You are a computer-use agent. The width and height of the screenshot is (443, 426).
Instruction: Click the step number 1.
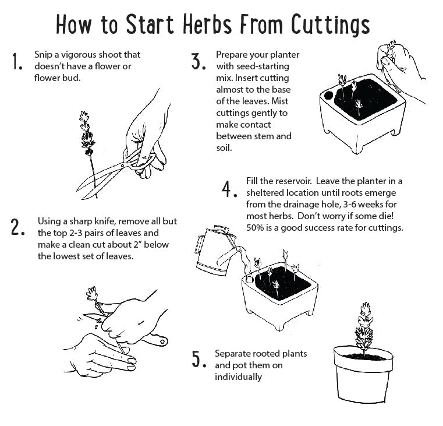tap(17, 62)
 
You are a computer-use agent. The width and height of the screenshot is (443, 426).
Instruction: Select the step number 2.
tap(17, 227)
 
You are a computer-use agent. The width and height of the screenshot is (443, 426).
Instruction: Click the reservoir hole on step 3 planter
tap(328, 94)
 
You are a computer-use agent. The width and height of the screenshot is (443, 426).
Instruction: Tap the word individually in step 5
tap(238, 376)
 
